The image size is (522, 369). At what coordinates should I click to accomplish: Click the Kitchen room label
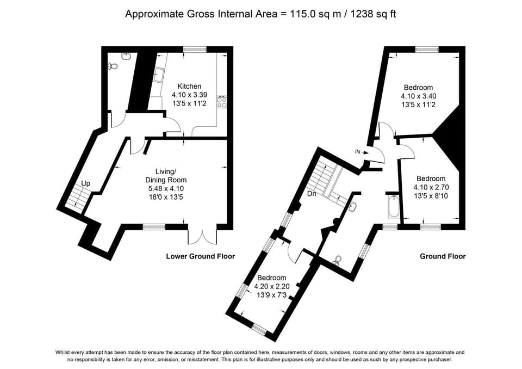(x=189, y=87)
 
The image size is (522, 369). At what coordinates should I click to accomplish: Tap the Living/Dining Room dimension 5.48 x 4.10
(x=166, y=189)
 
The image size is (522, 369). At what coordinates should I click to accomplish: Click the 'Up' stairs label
(x=85, y=183)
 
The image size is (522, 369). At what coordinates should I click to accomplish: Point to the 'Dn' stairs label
(x=312, y=193)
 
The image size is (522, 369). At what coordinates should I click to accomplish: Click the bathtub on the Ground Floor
(x=394, y=207)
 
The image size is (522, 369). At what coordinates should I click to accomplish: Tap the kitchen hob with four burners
(x=222, y=102)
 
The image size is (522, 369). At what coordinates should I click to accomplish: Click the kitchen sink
(x=159, y=75)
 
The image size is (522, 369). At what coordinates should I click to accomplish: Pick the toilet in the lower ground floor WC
(x=113, y=66)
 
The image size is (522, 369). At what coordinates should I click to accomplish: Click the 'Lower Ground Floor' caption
(x=201, y=256)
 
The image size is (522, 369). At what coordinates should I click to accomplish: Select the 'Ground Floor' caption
(x=443, y=256)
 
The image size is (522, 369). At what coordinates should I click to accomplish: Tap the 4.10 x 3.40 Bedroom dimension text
(x=419, y=96)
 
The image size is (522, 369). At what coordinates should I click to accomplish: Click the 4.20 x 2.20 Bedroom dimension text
(x=272, y=286)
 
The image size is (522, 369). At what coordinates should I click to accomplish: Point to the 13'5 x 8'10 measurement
(x=431, y=196)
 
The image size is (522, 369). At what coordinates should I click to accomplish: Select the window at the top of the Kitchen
(x=195, y=50)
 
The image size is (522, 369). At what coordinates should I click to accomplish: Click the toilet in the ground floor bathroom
(x=338, y=260)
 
